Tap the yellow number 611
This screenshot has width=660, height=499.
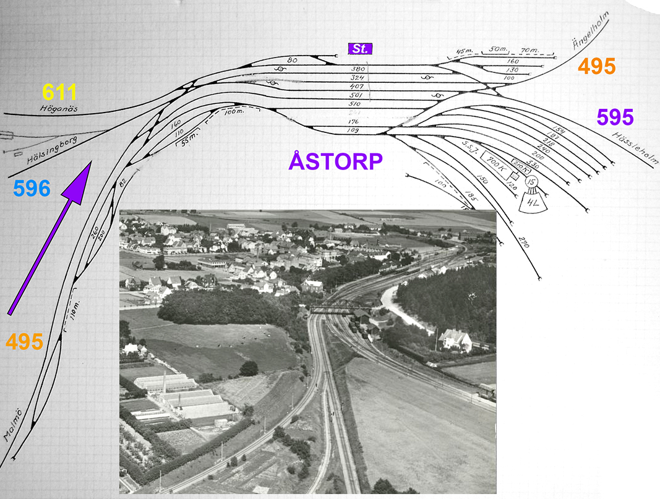coord(59,93)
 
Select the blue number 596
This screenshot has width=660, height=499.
coord(32,189)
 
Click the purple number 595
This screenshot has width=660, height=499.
coord(615,117)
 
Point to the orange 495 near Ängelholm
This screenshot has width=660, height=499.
coord(596,66)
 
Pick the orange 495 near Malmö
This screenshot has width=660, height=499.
coord(25,341)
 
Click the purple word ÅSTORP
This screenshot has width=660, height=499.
coord(336,161)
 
